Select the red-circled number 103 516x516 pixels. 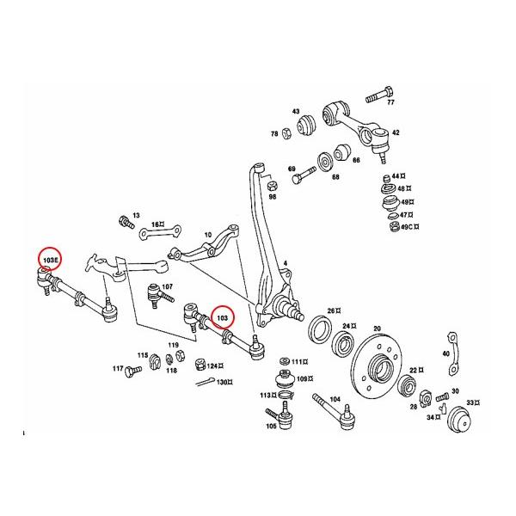tap(224, 317)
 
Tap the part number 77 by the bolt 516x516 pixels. tap(390, 102)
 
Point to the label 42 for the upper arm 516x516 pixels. tap(396, 133)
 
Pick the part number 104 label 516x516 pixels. tap(335, 400)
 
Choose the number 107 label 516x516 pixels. tap(167, 286)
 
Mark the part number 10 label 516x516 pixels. tap(207, 234)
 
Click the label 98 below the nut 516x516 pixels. tap(272, 197)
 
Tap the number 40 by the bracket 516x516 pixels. tap(445, 354)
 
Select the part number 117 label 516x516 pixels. tap(118, 369)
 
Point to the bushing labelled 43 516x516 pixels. tap(307, 127)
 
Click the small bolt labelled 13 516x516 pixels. tap(127, 223)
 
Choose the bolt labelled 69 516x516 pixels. tap(303, 179)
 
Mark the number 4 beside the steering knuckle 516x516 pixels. tap(286, 261)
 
